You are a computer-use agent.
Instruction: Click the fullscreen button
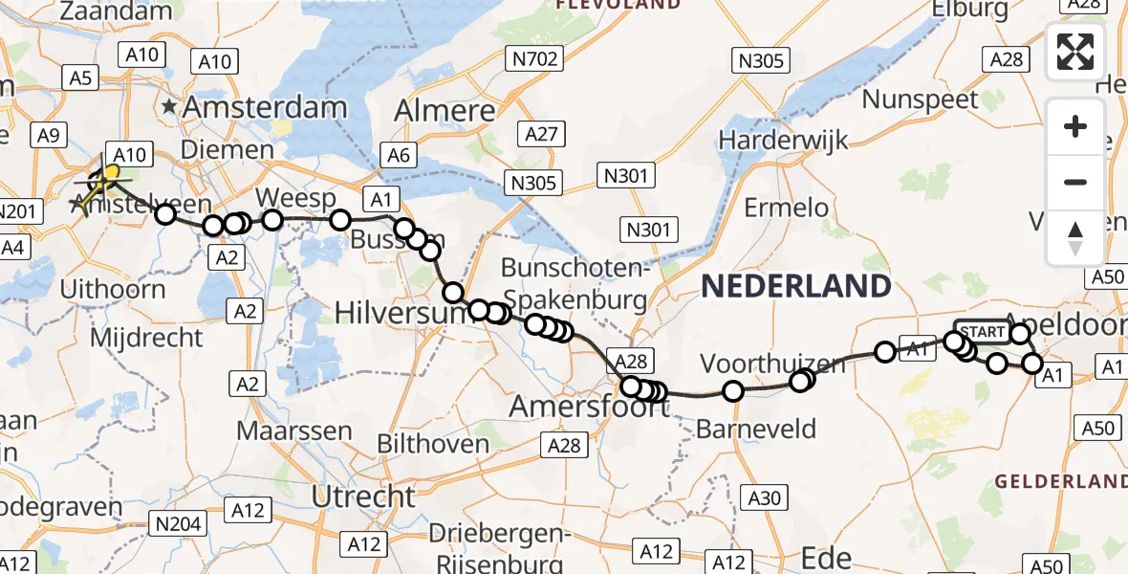click(x=1075, y=51)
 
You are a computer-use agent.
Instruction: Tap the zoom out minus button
click(x=1075, y=182)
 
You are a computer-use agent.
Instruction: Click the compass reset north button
click(x=1075, y=237)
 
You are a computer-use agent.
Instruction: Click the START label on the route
click(x=981, y=332)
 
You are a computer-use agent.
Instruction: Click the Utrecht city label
click(x=364, y=497)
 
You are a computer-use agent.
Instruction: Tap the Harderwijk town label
click(x=783, y=141)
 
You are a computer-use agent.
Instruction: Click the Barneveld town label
click(x=756, y=429)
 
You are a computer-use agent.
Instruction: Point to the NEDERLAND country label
click(x=796, y=285)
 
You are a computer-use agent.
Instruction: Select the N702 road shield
click(x=534, y=60)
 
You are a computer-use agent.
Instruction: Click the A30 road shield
click(x=763, y=497)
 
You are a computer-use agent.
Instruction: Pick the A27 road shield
click(x=540, y=134)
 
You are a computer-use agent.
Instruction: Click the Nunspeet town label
click(x=921, y=99)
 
